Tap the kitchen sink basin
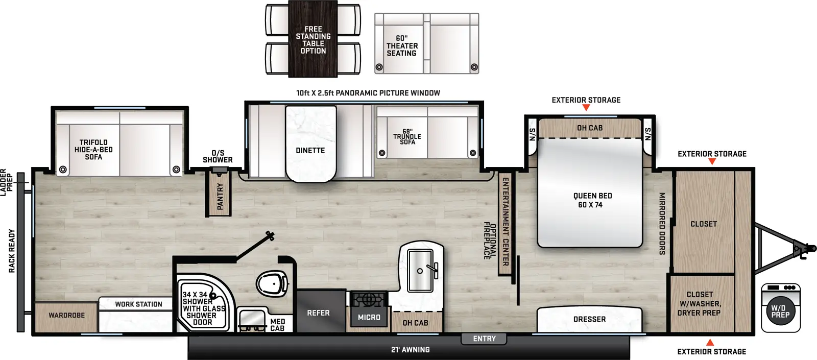point(420,271)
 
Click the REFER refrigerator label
point(318,313)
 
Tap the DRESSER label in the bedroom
point(589,319)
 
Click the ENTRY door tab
point(484,339)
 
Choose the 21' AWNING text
point(410,350)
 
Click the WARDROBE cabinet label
point(66,316)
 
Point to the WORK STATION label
point(138,304)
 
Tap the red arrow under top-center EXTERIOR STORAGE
point(586,108)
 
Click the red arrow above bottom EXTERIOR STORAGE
point(710,342)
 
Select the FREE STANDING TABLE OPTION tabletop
point(313,40)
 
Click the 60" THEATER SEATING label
point(402,46)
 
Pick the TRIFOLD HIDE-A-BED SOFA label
point(93,150)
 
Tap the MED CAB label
point(277,325)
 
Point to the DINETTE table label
point(310,151)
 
